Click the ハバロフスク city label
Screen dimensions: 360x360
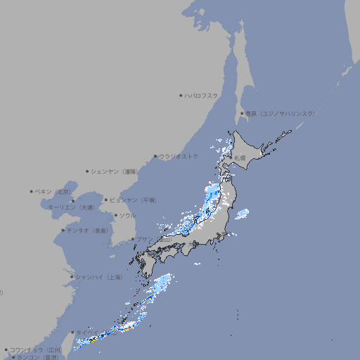(x=201, y=95)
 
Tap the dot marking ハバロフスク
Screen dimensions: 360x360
(x=181, y=95)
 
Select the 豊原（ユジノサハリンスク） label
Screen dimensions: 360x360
(x=281, y=113)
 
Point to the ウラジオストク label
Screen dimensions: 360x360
(x=179, y=156)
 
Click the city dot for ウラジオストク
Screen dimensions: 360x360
(x=155, y=156)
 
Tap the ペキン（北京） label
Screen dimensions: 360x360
(x=53, y=191)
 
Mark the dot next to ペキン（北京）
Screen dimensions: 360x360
(x=32, y=191)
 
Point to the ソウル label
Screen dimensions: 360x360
(x=127, y=215)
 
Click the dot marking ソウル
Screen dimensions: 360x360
(x=115, y=215)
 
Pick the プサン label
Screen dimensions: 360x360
(x=143, y=239)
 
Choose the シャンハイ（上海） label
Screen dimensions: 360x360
(x=98, y=277)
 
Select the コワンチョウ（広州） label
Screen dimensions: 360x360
(x=35, y=349)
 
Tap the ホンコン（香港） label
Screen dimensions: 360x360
(x=37, y=357)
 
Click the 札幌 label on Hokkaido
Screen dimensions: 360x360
(x=240, y=157)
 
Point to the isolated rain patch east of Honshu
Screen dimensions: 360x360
(x=242, y=214)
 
